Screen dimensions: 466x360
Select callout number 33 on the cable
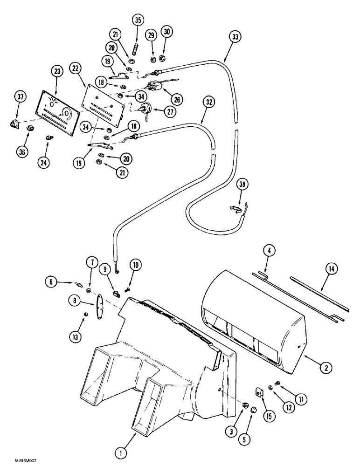tap(235, 36)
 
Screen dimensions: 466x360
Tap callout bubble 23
tap(57, 72)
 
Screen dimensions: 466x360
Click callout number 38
tap(242, 184)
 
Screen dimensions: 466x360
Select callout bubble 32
tap(208, 101)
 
